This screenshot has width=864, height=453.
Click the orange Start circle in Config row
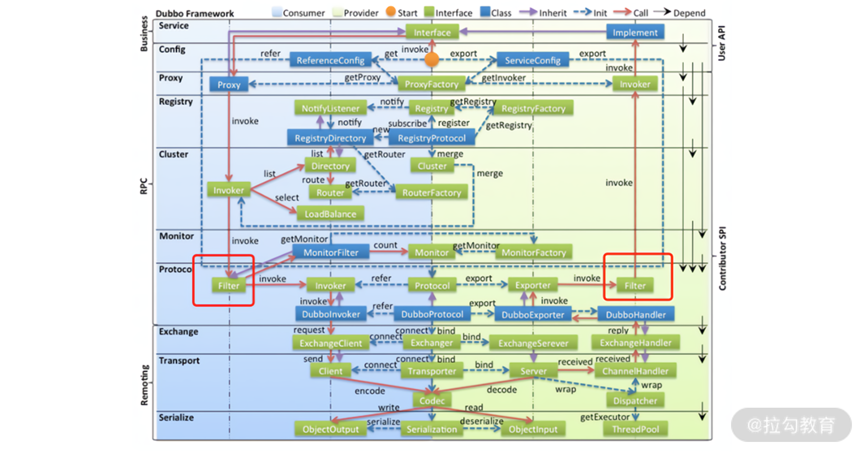coord(431,59)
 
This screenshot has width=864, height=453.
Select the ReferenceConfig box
coord(330,60)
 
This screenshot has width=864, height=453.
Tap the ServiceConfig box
coord(533,60)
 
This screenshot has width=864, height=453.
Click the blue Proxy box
coord(229,85)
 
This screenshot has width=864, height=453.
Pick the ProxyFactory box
coord(431,84)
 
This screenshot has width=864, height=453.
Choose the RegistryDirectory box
coord(330,138)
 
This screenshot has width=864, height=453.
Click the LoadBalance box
coord(330,214)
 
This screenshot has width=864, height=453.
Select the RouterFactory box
coord(431,192)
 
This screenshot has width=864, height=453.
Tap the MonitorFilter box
coord(331,252)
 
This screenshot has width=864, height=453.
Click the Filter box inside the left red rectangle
coord(229,285)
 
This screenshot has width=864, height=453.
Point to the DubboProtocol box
coord(432,314)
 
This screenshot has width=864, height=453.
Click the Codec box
coord(432,401)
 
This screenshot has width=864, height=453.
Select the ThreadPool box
coord(635,429)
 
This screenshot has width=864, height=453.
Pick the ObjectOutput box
coord(330,429)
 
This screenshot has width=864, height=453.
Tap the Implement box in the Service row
coord(635,33)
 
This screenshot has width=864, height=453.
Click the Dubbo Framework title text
coord(195,14)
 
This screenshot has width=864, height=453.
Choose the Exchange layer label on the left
coord(178,332)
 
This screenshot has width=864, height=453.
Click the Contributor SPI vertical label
coord(723,258)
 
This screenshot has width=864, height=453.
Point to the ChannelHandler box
coord(635,371)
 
